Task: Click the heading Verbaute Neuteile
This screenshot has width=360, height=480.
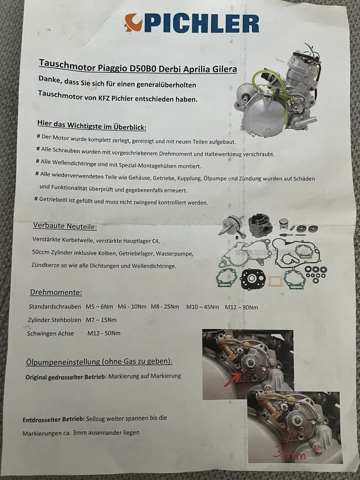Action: point(65,226)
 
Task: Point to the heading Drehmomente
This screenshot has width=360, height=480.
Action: point(56,292)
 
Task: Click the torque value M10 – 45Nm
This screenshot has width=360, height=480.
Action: point(203,307)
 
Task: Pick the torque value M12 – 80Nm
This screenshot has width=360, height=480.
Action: point(241,307)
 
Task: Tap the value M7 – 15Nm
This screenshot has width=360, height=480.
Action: point(101,320)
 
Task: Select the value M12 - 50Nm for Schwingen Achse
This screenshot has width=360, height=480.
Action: point(104,333)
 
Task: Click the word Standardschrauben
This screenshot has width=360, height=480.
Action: point(55,306)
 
